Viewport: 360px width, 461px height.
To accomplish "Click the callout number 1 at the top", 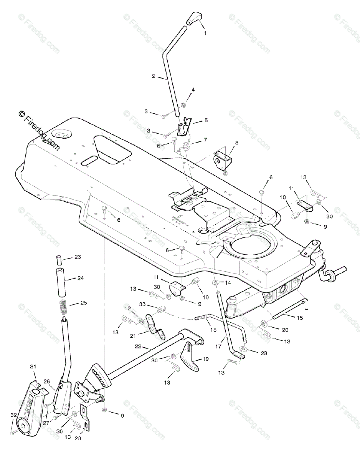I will click(x=205, y=33).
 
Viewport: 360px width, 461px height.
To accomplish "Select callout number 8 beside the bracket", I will click(x=236, y=143).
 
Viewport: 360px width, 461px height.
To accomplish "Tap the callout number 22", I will click(x=139, y=347).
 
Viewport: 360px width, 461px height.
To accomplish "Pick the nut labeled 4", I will click(x=183, y=104).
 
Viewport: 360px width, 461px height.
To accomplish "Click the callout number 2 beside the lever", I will click(x=153, y=76).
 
